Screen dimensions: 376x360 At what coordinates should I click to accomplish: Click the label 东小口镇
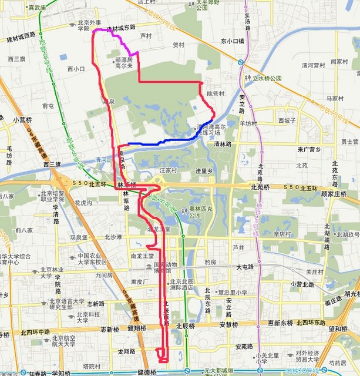(x=233, y=42)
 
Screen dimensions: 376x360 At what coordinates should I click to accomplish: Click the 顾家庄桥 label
(x=335, y=193)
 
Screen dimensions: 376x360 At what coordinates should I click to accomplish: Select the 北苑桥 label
(x=260, y=187)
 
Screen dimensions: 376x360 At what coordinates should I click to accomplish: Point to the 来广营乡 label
(x=312, y=150)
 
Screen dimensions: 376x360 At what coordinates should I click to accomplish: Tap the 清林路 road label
(x=222, y=143)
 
